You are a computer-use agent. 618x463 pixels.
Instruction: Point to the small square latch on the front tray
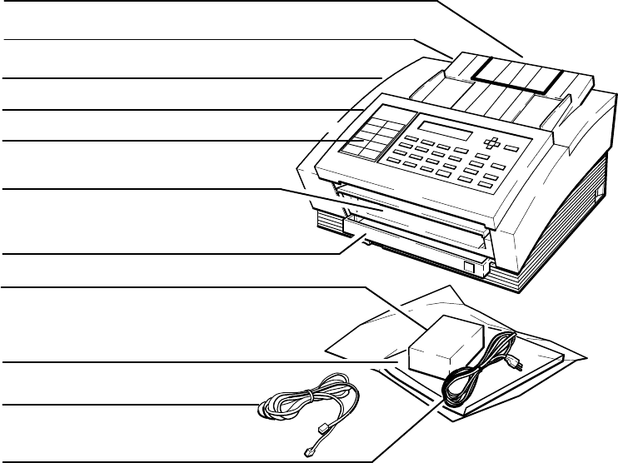click(x=470, y=268)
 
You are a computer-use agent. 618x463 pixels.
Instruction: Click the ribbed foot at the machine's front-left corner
click(x=330, y=223)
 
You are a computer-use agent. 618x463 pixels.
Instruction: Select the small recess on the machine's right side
click(x=598, y=195)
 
